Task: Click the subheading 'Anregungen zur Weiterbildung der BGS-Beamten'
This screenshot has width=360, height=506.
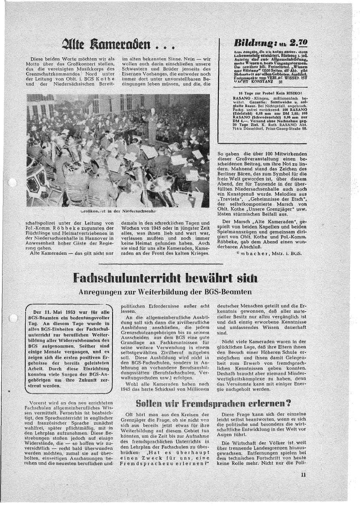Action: (x=165, y=292)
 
